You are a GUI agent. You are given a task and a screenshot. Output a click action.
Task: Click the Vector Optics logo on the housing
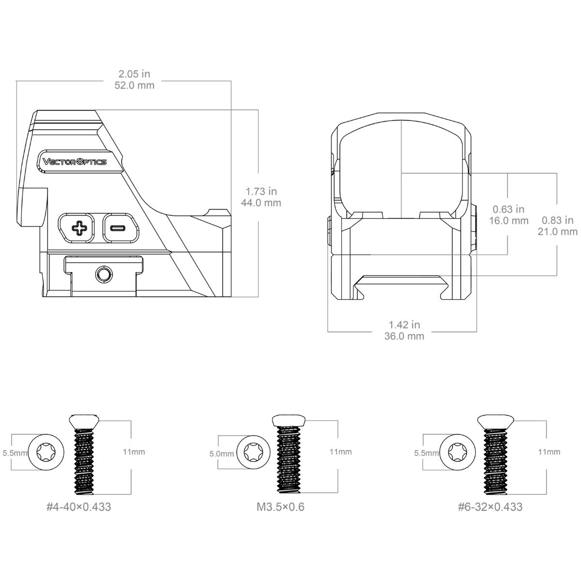coord(75,162)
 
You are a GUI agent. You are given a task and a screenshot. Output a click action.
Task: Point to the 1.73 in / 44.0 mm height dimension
coord(261,197)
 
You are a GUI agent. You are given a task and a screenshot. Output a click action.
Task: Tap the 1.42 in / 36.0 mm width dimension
coord(404,330)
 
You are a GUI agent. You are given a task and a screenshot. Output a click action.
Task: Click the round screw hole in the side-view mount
coord(103,275)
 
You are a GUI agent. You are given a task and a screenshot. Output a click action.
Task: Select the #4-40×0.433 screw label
coord(78,507)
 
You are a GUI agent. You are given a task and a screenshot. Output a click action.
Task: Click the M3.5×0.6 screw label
coord(280,507)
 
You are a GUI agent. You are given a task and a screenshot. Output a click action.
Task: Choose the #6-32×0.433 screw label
coord(490,507)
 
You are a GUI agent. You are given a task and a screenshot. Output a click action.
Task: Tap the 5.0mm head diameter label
coord(221,454)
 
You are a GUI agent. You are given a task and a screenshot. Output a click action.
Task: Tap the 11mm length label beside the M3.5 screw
coord(340,452)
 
